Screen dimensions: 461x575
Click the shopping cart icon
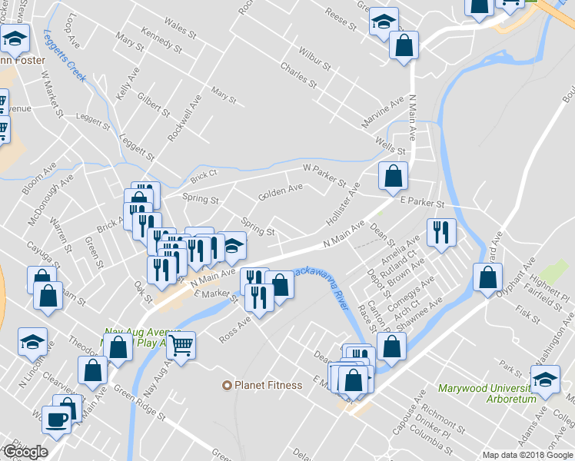tap(181, 344)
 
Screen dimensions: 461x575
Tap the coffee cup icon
tap(56, 419)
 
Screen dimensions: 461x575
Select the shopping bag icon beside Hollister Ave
tap(393, 176)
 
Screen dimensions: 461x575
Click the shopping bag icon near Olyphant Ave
tap(487, 277)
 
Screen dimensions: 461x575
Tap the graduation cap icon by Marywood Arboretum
tap(545, 380)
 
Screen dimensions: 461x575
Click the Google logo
tap(25, 452)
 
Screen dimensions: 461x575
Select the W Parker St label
tap(324, 174)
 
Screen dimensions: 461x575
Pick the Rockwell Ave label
tap(184, 117)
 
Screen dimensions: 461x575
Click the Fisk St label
tap(528, 313)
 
